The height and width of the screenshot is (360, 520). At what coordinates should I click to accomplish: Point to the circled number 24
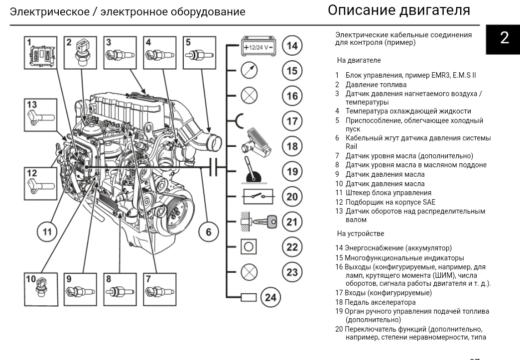[270, 297]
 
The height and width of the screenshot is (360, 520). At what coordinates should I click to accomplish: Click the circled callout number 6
[208, 232]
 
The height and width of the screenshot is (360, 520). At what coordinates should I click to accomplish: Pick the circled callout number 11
[47, 232]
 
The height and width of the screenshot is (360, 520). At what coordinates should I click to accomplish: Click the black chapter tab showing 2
[505, 38]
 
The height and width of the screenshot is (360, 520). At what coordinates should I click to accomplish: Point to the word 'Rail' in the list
[351, 147]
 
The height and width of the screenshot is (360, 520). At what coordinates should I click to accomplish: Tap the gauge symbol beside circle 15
[249, 70]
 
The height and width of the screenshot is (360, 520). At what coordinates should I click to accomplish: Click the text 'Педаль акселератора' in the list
[381, 302]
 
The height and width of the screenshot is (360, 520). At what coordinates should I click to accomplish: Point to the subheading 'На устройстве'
[361, 233]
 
